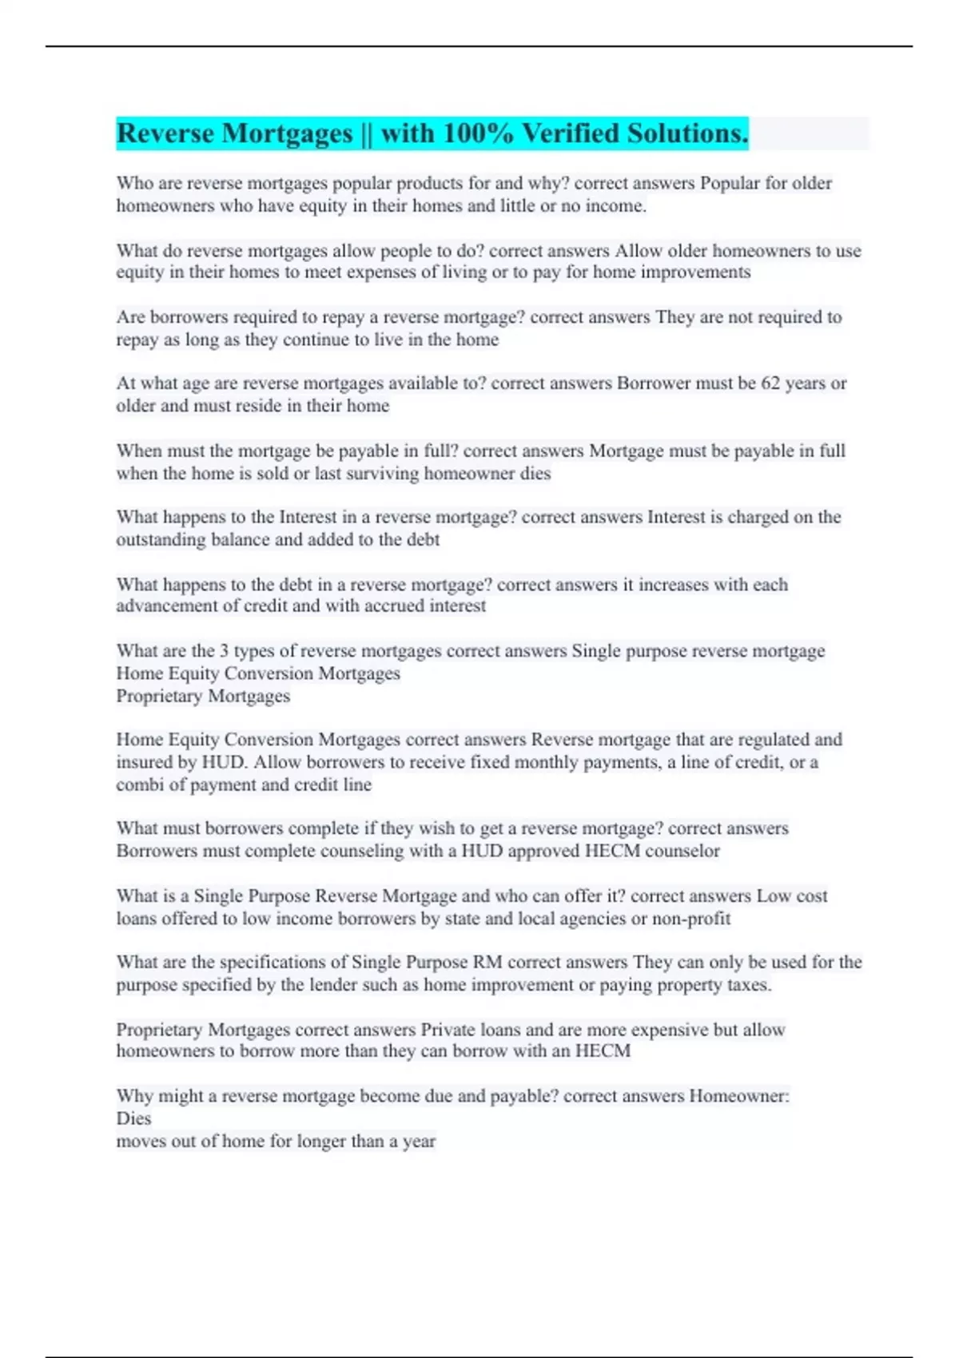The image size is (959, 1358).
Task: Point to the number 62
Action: [x=770, y=383]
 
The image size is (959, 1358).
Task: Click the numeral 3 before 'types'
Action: [x=224, y=651]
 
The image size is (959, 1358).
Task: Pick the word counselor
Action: [x=682, y=851]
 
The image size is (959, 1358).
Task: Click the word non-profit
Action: [x=691, y=919]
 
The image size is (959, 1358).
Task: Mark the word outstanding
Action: [x=161, y=539]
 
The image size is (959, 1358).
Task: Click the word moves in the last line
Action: [x=141, y=1142]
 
